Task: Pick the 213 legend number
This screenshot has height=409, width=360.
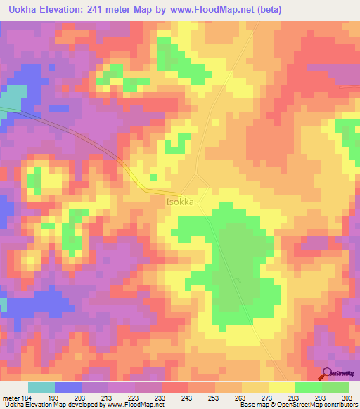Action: (x=109, y=398)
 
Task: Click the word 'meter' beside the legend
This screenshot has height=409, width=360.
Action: (x=12, y=398)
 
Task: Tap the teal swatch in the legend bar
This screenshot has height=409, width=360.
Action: (x=41, y=387)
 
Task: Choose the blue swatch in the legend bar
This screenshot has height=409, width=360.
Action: (x=68, y=387)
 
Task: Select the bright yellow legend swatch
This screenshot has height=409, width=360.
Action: (x=281, y=387)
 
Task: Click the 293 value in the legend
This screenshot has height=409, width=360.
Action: (x=322, y=398)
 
